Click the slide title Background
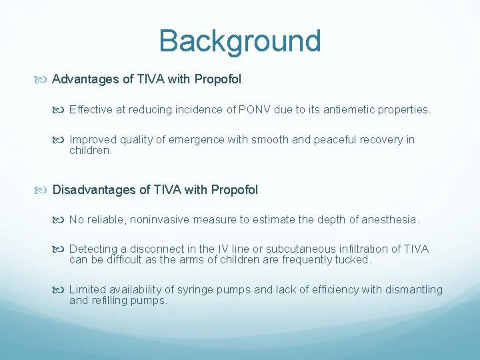click(240, 41)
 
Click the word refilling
click(112, 301)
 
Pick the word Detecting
click(93, 249)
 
